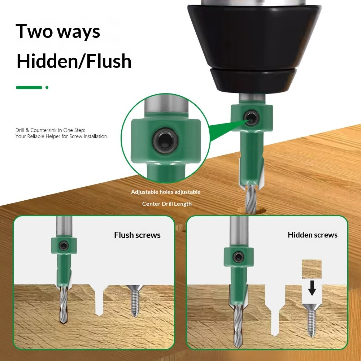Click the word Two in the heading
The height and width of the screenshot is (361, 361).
(x=34, y=31)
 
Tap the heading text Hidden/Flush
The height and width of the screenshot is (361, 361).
(x=74, y=61)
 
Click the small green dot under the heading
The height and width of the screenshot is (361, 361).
(x=47, y=87)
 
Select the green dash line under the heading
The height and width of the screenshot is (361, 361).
(x=29, y=87)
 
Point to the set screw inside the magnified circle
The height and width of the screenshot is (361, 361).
(x=165, y=141)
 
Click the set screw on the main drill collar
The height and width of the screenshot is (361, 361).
(x=252, y=118)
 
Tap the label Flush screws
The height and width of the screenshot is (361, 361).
(x=137, y=235)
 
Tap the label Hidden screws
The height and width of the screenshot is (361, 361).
(x=312, y=235)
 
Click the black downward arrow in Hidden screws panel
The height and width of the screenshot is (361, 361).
(x=312, y=288)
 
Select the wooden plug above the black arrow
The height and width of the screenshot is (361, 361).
(x=312, y=269)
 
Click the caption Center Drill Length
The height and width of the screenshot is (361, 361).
(x=167, y=204)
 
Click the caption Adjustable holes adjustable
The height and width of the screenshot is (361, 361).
(x=166, y=192)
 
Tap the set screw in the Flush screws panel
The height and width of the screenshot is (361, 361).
(x=64, y=246)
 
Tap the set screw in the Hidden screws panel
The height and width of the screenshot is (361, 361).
(x=239, y=257)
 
